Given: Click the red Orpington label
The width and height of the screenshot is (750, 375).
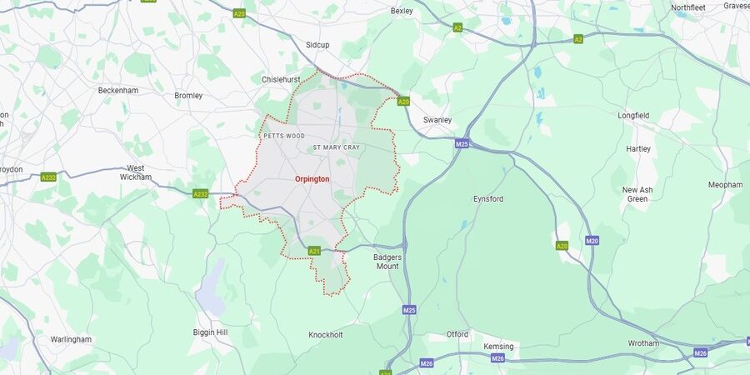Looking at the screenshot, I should pyautogui.click(x=312, y=179).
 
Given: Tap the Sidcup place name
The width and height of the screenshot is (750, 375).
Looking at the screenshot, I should pyautogui.click(x=317, y=44).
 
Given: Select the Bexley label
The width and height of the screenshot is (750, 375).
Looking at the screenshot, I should pyautogui.click(x=402, y=11).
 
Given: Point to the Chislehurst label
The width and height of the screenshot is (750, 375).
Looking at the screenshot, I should pyautogui.click(x=280, y=79).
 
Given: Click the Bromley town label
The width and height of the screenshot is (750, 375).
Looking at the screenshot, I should pyautogui.click(x=188, y=96).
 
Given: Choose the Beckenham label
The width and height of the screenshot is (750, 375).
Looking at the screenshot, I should pyautogui.click(x=117, y=90).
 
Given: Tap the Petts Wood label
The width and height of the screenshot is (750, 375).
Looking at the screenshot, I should pyautogui.click(x=283, y=135).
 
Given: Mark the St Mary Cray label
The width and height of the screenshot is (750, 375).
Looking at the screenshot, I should pyautogui.click(x=336, y=147).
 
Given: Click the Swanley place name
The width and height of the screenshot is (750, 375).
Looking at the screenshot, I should pyautogui.click(x=437, y=120).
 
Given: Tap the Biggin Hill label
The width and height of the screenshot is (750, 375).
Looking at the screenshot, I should pyautogui.click(x=210, y=332).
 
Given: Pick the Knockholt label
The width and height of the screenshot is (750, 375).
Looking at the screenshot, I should pyautogui.click(x=326, y=335).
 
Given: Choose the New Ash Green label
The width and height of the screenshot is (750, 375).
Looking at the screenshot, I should pyautogui.click(x=637, y=194).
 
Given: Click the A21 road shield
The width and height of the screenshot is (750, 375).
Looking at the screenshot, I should pyautogui.click(x=314, y=251).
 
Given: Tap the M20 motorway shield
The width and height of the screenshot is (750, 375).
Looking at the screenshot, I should pyautogui.click(x=592, y=241).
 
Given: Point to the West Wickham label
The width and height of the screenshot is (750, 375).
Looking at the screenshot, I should pyautogui.click(x=135, y=172).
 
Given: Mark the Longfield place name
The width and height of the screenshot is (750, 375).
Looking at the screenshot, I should pyautogui.click(x=633, y=115).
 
